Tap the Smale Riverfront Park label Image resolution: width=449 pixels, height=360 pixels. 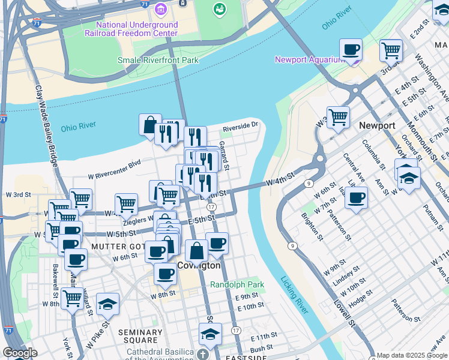158,60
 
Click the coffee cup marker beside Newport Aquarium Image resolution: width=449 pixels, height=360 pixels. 351,50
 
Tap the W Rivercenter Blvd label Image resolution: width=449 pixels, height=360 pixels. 113,170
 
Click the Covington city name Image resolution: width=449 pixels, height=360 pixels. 199,265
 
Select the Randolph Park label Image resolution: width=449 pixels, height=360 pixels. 229,284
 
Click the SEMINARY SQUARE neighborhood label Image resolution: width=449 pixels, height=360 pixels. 140,337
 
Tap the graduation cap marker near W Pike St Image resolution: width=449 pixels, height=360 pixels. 107,304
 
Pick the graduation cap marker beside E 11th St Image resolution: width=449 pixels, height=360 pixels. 210,334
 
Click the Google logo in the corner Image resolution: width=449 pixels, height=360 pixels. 20,353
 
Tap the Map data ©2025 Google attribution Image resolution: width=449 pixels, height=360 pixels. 412,355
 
